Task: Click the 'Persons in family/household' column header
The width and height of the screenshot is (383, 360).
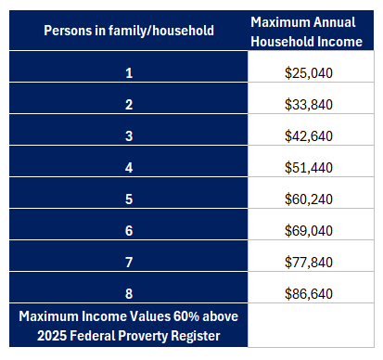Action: (x=129, y=31)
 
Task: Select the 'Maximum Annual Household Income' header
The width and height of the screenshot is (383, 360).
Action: (x=313, y=31)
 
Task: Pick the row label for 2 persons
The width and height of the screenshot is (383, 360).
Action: (x=129, y=106)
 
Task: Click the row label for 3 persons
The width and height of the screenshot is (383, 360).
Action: (x=129, y=137)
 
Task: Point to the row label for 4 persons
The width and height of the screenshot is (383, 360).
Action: (x=129, y=168)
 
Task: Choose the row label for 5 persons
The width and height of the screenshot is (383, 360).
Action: (x=129, y=199)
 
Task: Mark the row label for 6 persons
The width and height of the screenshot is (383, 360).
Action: (x=129, y=229)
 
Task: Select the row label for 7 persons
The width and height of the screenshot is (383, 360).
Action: (x=129, y=261)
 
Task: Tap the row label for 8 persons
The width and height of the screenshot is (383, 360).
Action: (x=129, y=291)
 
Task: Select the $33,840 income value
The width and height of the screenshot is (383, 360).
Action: (x=313, y=106)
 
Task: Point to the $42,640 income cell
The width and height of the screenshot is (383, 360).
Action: (x=313, y=137)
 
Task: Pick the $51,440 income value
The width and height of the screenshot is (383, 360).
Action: (x=313, y=168)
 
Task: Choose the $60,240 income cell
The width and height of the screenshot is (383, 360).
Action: (x=313, y=199)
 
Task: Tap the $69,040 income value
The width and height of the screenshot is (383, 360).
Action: (x=313, y=229)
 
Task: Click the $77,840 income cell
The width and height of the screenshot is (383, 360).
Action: (x=313, y=261)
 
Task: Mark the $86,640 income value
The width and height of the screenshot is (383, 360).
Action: (x=313, y=291)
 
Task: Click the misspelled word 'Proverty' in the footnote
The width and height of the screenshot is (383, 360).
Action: (x=158, y=334)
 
